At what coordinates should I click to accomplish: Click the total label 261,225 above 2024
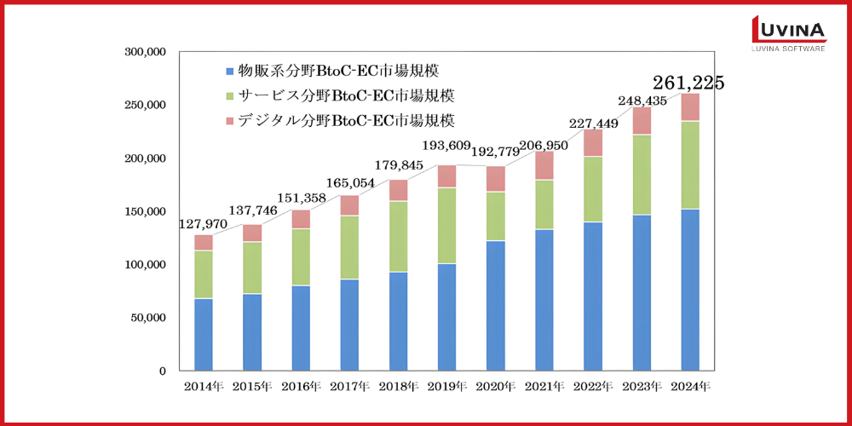[688, 83]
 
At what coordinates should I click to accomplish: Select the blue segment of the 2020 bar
[496, 305]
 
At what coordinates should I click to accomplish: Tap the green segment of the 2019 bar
[447, 226]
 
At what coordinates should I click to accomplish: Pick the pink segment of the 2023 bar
[642, 121]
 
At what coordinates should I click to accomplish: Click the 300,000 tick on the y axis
[145, 52]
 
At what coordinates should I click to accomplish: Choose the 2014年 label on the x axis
[204, 386]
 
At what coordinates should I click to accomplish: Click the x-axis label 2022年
[592, 386]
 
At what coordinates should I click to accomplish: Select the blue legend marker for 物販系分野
[228, 71]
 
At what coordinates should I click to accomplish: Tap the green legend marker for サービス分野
[228, 95]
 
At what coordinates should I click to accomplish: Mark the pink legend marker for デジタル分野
[228, 121]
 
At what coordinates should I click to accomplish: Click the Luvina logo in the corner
[788, 35]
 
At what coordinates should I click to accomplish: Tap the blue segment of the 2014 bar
[204, 334]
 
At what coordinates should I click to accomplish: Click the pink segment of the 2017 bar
[350, 205]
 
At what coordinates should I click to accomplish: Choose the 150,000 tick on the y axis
[145, 211]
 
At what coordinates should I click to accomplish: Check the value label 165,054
[349, 182]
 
